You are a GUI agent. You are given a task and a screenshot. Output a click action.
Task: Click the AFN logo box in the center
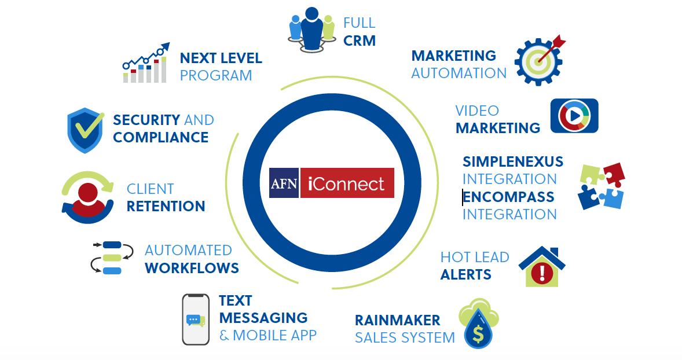[x=284, y=183]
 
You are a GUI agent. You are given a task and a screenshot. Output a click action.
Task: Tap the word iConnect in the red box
[x=347, y=183]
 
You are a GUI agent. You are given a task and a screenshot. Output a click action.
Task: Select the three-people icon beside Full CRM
[x=311, y=29]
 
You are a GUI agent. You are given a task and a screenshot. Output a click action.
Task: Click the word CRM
[x=359, y=41]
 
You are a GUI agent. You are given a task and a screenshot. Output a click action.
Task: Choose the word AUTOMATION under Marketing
[x=459, y=74]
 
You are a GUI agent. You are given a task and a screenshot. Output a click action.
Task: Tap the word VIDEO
[x=476, y=111]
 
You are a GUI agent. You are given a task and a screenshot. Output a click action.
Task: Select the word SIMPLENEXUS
[x=512, y=161]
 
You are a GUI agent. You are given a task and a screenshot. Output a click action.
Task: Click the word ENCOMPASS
[x=508, y=197]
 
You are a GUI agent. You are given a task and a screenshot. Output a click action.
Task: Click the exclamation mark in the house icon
[x=542, y=271]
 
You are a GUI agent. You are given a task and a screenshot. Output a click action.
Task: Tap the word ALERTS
[x=465, y=274]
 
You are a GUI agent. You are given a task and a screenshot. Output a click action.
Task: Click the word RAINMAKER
[x=397, y=320]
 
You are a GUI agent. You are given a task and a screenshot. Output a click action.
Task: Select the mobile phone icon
[x=195, y=319]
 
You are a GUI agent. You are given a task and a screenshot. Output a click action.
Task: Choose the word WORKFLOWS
[x=192, y=268]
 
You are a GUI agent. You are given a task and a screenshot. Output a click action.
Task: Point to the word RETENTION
[x=166, y=207]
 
